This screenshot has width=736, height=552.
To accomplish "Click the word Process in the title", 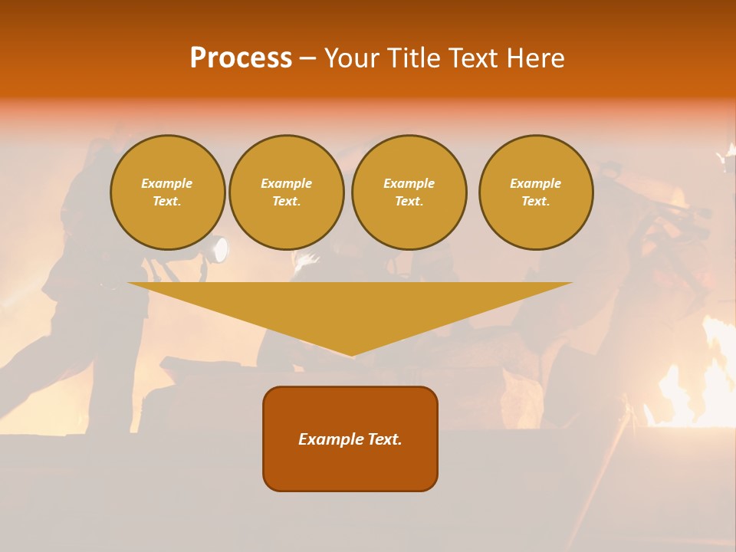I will pyautogui.click(x=241, y=58).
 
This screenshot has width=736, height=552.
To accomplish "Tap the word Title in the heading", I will pyautogui.click(x=414, y=58).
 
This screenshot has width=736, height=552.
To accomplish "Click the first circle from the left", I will pyautogui.click(x=168, y=192).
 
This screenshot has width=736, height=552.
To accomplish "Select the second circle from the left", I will pyautogui.click(x=287, y=192).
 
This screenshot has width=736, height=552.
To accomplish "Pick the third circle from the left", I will pyautogui.click(x=409, y=192).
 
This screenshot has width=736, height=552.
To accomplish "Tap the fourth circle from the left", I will pyautogui.click(x=536, y=192).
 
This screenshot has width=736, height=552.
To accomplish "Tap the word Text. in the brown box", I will pyautogui.click(x=384, y=439).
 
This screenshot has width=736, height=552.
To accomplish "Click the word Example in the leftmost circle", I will pyautogui.click(x=167, y=184).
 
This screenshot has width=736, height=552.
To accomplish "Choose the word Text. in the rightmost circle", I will pyautogui.click(x=536, y=202).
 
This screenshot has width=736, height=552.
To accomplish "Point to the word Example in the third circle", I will pyautogui.click(x=409, y=184).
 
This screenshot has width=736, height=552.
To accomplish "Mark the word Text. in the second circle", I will pyautogui.click(x=287, y=202).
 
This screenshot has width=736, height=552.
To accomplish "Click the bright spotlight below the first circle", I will pyautogui.click(x=220, y=250).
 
